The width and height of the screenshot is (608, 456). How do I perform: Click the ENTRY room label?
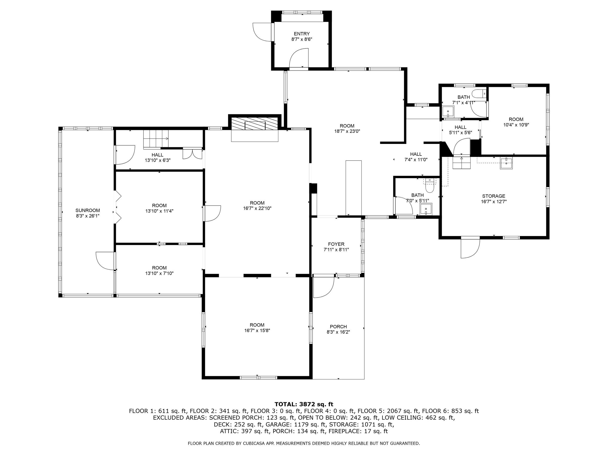point(302,34)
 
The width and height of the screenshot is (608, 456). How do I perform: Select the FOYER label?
point(336,244)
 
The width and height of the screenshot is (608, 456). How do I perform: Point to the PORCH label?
point(338,327)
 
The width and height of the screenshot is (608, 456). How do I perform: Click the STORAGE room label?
point(494,196)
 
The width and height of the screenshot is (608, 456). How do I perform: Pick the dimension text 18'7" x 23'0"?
point(347,131)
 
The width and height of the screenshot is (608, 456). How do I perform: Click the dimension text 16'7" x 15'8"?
point(257,330)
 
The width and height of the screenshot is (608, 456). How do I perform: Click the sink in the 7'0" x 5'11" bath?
point(426,209)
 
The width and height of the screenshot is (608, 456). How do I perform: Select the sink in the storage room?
point(506,163)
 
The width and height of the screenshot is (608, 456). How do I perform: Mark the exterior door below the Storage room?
point(470,248)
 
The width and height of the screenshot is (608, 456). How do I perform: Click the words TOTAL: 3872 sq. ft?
point(304,404)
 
